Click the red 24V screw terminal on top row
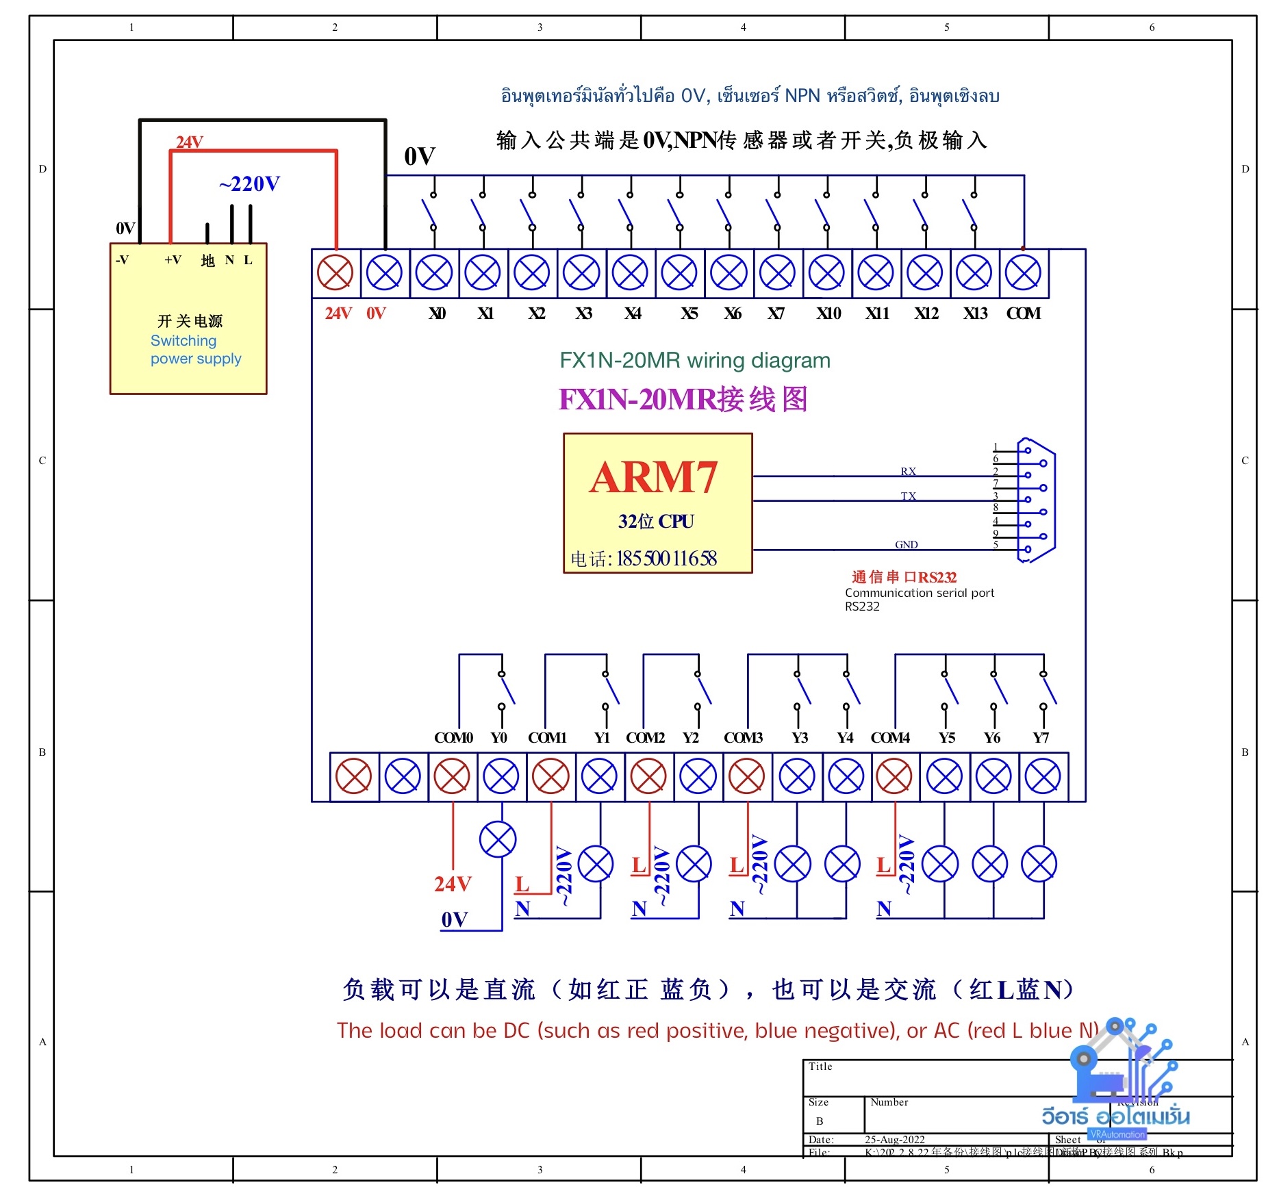(x=335, y=273)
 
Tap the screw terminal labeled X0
(x=434, y=273)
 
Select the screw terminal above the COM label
(x=1023, y=273)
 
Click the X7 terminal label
(x=775, y=314)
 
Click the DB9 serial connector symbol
(x=1035, y=500)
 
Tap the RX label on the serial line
(x=908, y=471)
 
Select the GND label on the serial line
(x=906, y=544)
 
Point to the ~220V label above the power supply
(x=249, y=184)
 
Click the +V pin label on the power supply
(x=173, y=260)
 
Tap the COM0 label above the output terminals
(x=453, y=738)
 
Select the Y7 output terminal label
(x=1041, y=738)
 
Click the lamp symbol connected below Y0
(x=498, y=839)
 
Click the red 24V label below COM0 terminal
(x=453, y=884)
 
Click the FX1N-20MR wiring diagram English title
(x=694, y=360)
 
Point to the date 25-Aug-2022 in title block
(x=894, y=1140)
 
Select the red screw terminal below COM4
(x=894, y=777)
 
